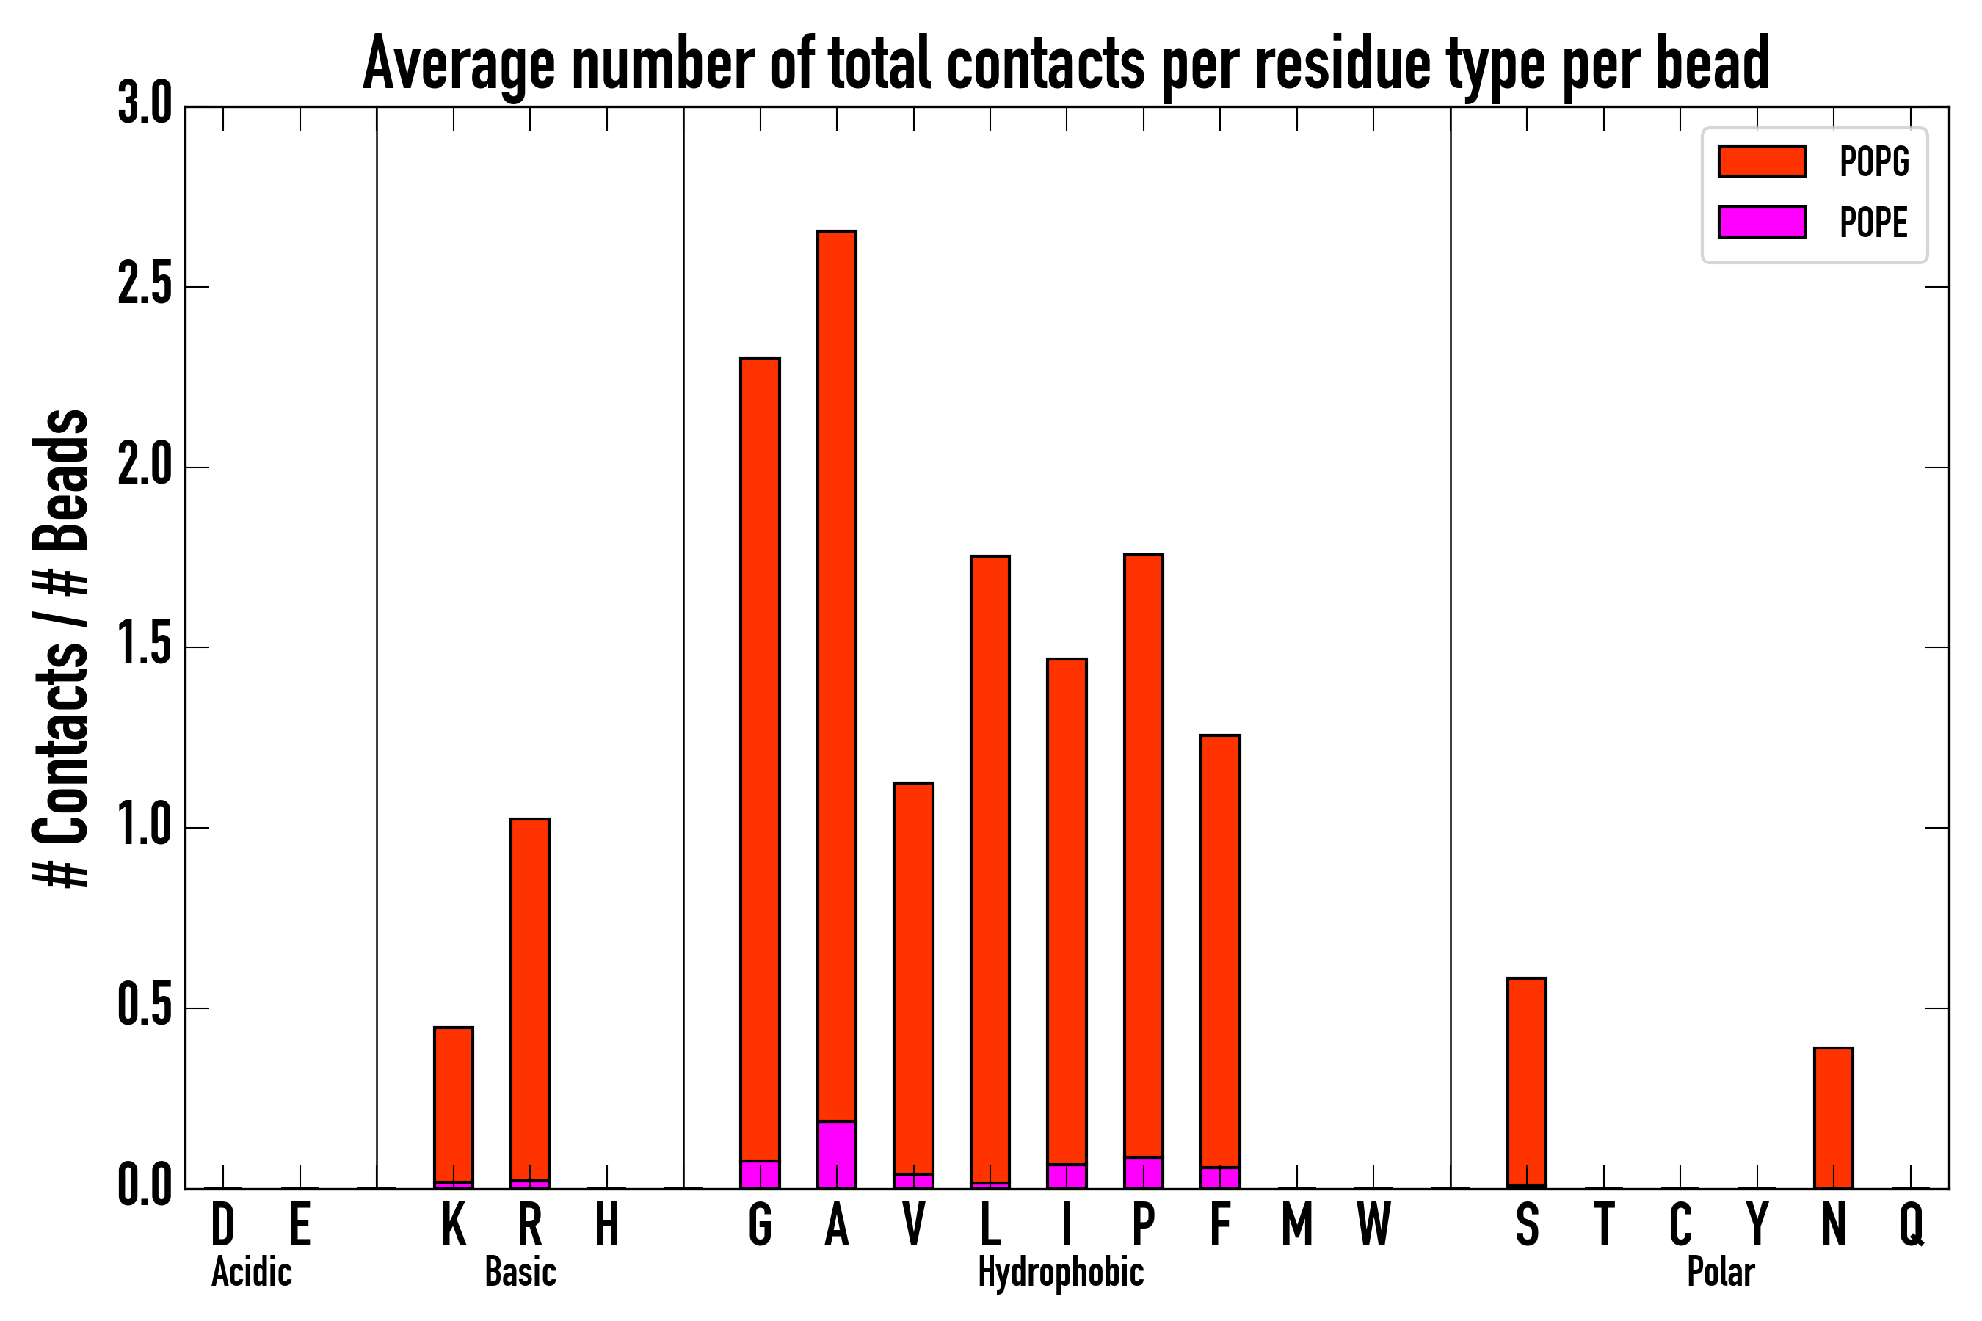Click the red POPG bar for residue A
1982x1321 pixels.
pyautogui.click(x=836, y=674)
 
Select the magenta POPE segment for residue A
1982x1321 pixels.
pyautogui.click(x=836, y=1154)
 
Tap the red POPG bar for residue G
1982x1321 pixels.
pyautogui.click(x=759, y=758)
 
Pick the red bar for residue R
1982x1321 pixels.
pyautogui.click(x=529, y=998)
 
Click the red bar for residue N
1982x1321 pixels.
pyautogui.click(x=1833, y=1118)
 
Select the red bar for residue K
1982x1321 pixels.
pyautogui.click(x=454, y=1104)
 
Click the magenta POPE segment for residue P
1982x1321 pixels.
pyautogui.click(x=1143, y=1173)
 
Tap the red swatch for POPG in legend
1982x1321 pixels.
pyautogui.click(x=1761, y=161)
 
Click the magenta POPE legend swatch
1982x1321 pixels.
pyautogui.click(x=1761, y=222)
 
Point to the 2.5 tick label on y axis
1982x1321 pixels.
pyautogui.click(x=145, y=286)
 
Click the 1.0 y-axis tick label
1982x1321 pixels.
pyautogui.click(x=145, y=827)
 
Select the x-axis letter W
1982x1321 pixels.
pyautogui.click(x=1373, y=1225)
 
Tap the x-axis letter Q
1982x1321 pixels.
pyautogui.click(x=1912, y=1225)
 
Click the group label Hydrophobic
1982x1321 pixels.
pyautogui.click(x=1060, y=1272)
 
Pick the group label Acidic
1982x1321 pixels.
pyautogui.click(x=251, y=1272)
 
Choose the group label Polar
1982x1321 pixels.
pyautogui.click(x=1720, y=1272)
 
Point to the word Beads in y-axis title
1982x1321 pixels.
pyautogui.click(x=61, y=480)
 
